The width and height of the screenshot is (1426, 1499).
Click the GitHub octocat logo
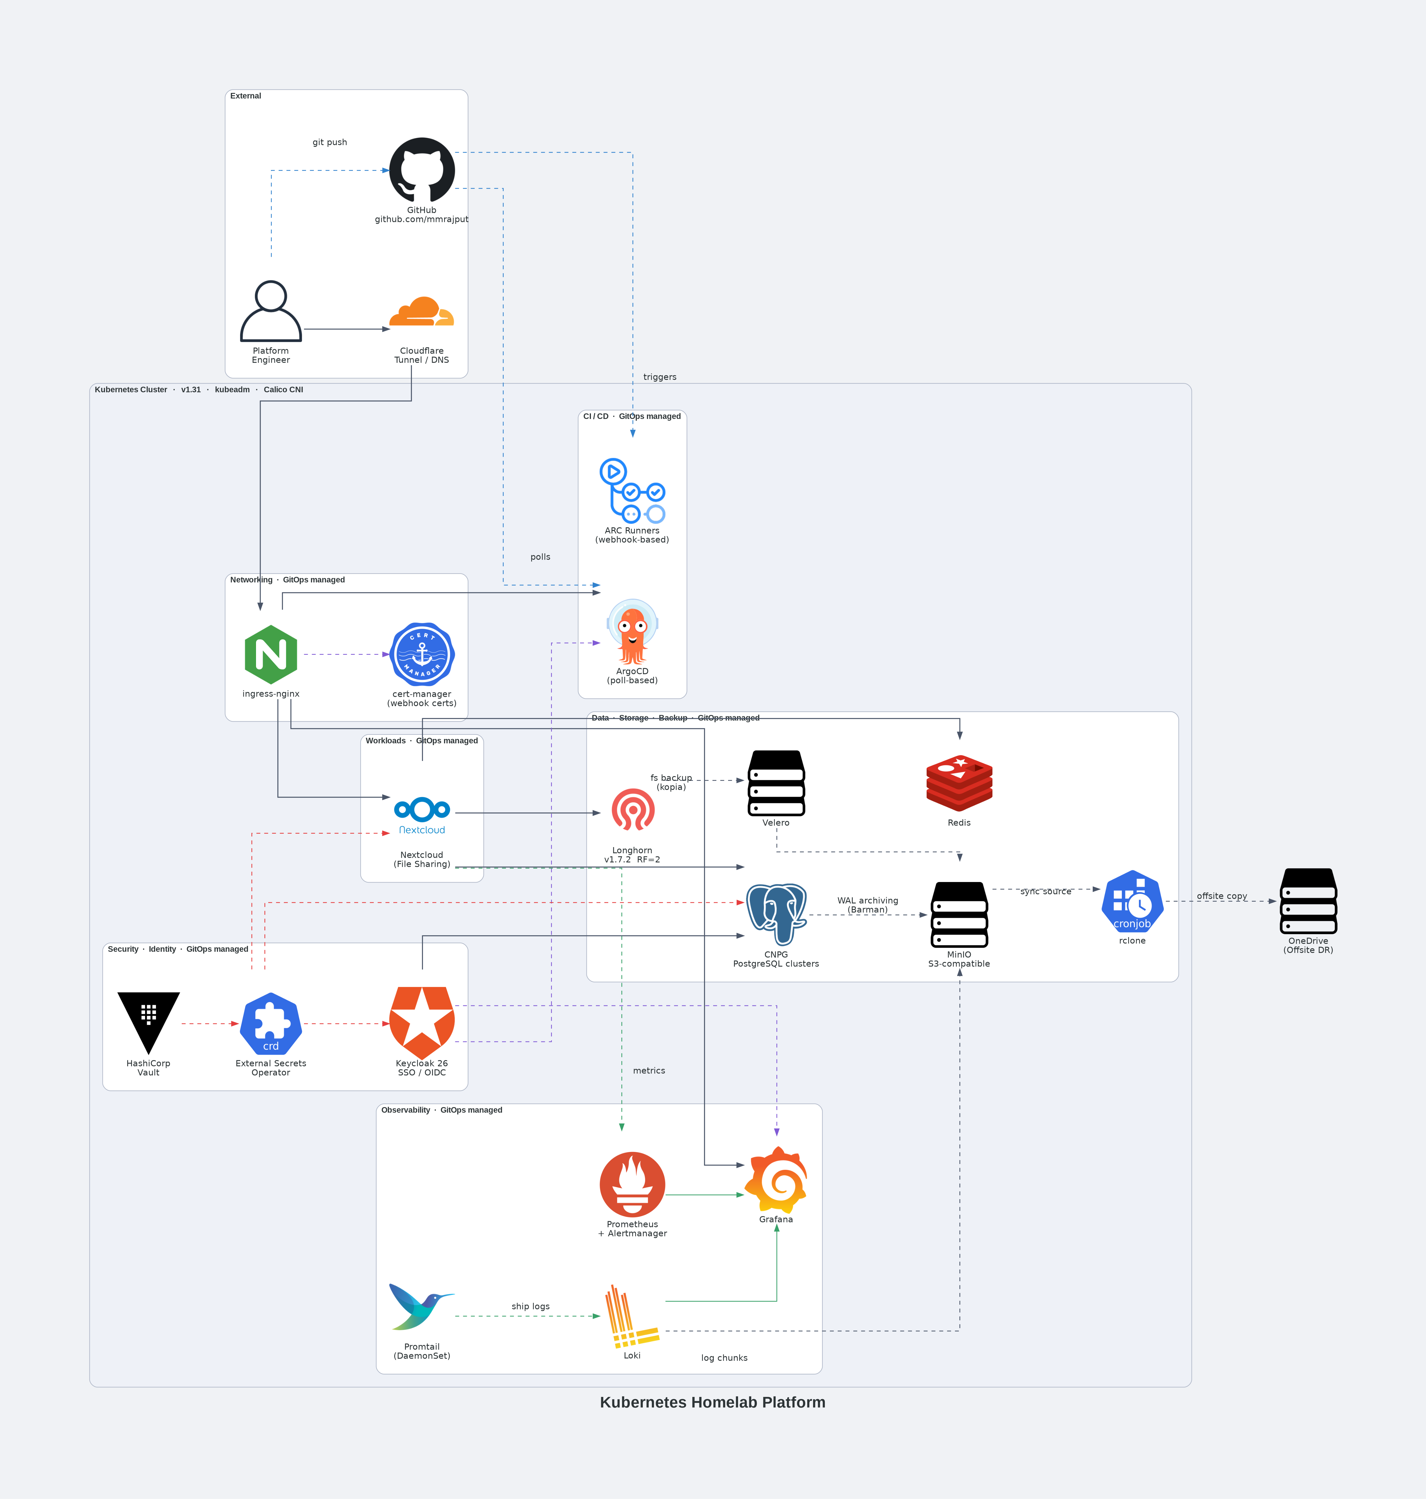pos(422,170)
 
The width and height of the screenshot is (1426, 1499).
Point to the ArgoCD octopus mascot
pos(633,632)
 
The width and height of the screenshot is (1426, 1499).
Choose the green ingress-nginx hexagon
pos(271,655)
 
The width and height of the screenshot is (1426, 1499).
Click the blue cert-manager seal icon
pos(422,655)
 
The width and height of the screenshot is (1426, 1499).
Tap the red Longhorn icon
pos(633,810)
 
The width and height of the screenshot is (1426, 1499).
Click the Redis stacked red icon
pos(959,783)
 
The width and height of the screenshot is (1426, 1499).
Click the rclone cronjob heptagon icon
pos(1132,902)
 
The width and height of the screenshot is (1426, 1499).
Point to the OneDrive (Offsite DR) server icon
pos(1308,901)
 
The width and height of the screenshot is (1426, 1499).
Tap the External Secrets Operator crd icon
pos(271,1023)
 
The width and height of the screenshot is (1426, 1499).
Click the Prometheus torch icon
pos(633,1184)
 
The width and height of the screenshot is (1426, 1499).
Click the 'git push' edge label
pos(330,142)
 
